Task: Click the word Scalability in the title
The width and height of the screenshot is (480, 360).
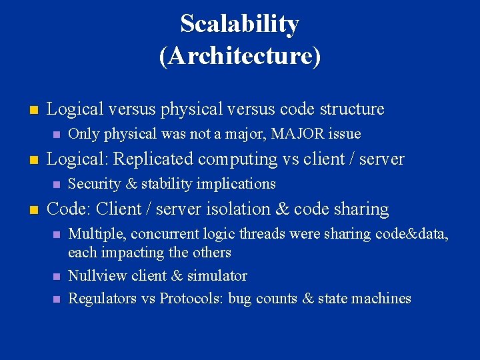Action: [239, 25]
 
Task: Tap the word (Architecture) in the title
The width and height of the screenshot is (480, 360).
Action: [239, 56]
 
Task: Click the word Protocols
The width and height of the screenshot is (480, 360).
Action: [190, 299]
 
